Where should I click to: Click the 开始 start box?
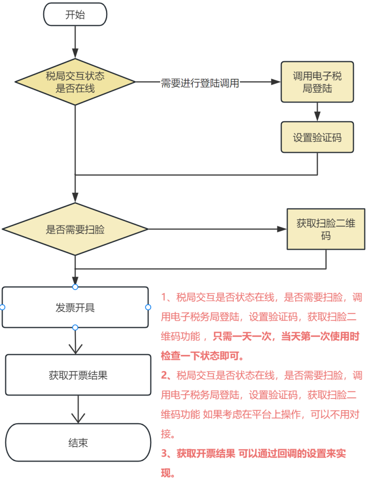(75, 15)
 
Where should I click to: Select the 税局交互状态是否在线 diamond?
(75, 82)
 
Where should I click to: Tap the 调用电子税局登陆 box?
(317, 82)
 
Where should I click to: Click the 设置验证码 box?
(317, 137)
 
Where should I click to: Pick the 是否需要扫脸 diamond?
(75, 229)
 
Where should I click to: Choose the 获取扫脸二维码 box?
(326, 229)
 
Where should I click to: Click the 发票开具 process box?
(75, 307)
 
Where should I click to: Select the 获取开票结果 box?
(78, 375)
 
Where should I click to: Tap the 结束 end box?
(78, 442)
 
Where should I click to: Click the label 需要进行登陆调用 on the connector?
(200, 83)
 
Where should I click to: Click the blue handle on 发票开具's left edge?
(2, 307)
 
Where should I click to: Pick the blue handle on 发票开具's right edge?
(148, 307)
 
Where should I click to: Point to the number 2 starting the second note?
(164, 375)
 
